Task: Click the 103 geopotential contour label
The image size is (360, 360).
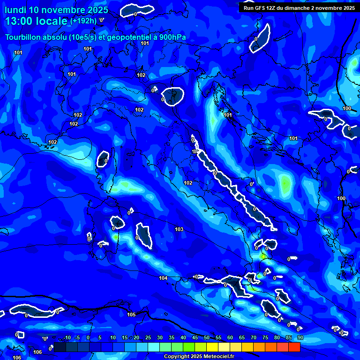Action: [179, 229]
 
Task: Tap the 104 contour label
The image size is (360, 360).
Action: [163, 278]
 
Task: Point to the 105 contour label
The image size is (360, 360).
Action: [131, 315]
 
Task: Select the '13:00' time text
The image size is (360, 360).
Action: [19, 21]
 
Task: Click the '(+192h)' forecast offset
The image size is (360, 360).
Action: [83, 21]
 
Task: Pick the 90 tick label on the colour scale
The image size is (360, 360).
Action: [300, 337]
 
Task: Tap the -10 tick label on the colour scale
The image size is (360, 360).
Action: [67, 337]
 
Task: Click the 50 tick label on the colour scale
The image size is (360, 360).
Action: [207, 337]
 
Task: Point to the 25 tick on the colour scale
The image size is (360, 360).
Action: [148, 337]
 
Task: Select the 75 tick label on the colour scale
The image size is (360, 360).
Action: [265, 337]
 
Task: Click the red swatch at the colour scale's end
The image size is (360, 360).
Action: [294, 347]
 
